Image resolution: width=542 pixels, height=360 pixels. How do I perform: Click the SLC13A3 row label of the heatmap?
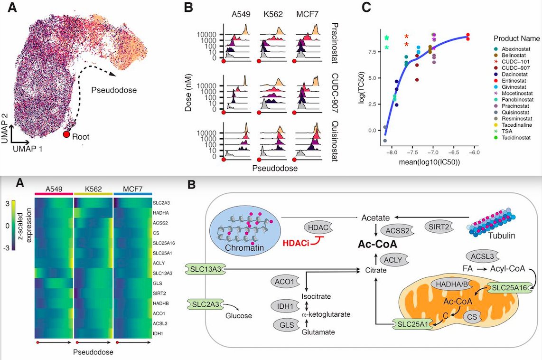pyautogui.click(x=163, y=273)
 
